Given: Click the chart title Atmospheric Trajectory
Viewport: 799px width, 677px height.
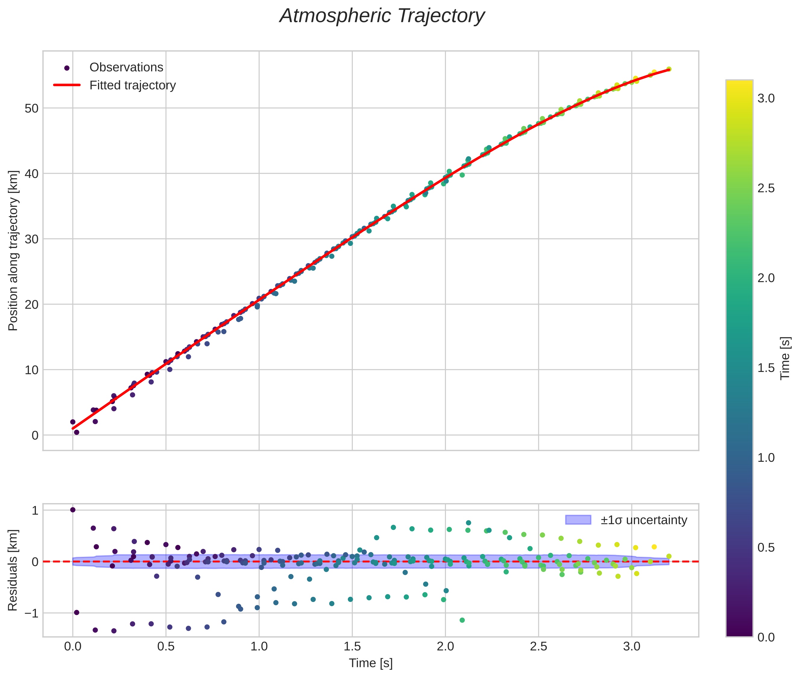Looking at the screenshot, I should click(382, 16).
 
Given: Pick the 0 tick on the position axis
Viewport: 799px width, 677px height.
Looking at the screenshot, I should click(35, 436).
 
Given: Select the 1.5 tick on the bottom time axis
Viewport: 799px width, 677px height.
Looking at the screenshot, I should click(352, 647).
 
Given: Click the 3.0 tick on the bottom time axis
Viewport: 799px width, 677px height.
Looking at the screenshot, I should click(632, 647).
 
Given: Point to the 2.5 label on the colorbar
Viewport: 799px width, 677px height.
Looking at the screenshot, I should click(766, 188).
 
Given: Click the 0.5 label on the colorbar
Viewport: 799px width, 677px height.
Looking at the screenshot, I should click(766, 548).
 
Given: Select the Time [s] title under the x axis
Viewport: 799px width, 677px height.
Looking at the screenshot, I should click(371, 663).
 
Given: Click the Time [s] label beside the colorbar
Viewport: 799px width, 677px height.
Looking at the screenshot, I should click(785, 358).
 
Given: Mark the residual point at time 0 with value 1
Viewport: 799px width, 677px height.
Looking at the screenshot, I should click(73, 510).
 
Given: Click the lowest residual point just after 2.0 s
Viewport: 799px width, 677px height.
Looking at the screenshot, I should click(462, 620).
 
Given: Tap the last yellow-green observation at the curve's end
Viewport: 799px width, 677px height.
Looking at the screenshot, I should click(668, 69).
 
